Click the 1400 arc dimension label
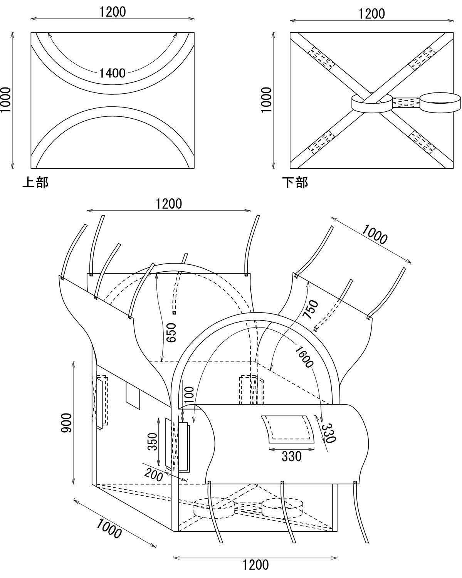click(112, 72)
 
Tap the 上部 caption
click(35, 182)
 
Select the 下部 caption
click(295, 182)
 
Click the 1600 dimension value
click(304, 356)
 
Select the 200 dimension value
click(154, 474)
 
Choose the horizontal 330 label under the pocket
click(291, 456)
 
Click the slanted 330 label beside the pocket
click(329, 433)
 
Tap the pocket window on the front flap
click(288, 428)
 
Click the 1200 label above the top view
click(112, 12)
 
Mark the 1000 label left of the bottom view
click(267, 99)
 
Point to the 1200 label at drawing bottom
click(255, 565)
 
